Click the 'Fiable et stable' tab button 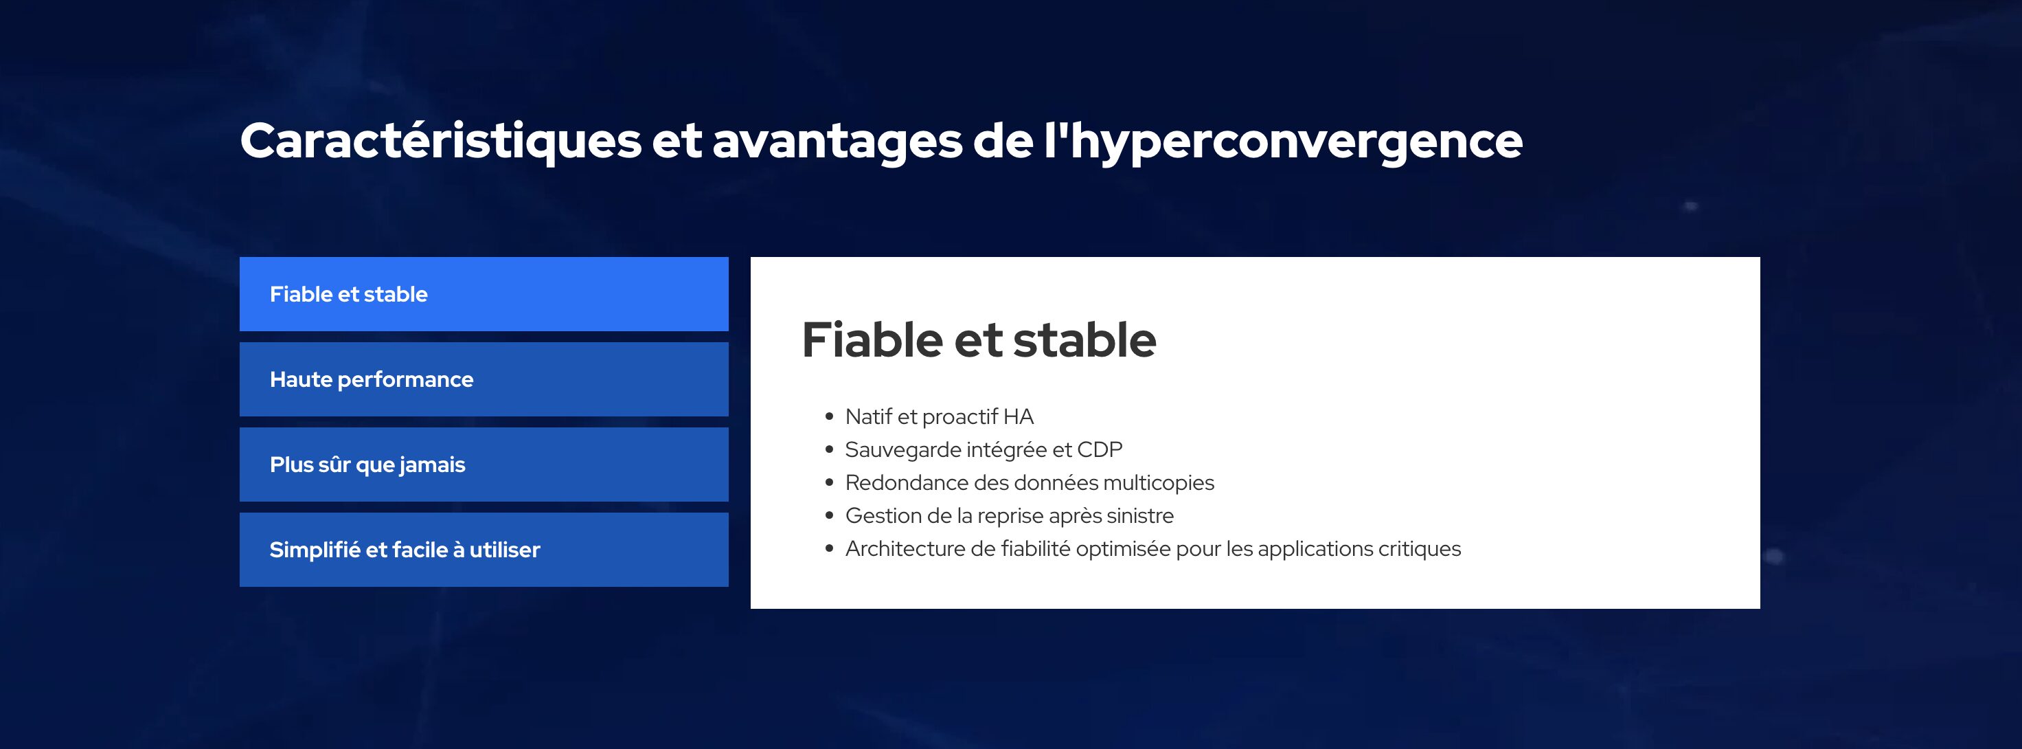coord(484,293)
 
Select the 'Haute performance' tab coord(484,379)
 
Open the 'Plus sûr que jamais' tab coord(484,464)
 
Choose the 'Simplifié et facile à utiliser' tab coord(484,550)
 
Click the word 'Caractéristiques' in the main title coord(441,142)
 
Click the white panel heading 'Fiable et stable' coord(979,340)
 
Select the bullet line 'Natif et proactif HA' coord(939,417)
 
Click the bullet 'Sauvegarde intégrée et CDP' coord(984,450)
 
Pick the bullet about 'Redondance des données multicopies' coord(1029,483)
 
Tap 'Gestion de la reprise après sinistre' coord(1010,516)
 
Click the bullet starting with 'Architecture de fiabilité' coord(1153,549)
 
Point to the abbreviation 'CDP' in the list coord(1099,450)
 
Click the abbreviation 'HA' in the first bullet coord(1018,417)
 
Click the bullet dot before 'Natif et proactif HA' coord(829,417)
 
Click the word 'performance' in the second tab coord(405,380)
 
